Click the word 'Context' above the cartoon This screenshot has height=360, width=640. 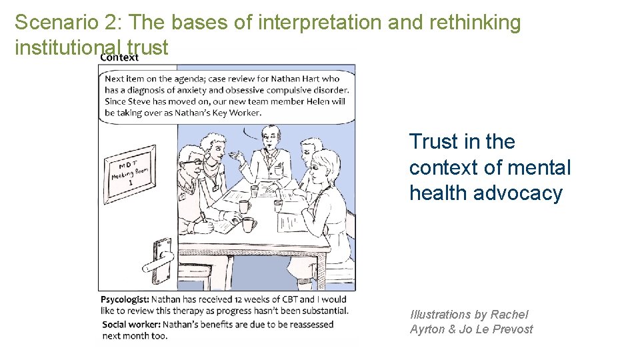[x=119, y=57]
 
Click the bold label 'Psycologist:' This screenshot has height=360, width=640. [x=125, y=299]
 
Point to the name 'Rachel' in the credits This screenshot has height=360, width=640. [x=509, y=315]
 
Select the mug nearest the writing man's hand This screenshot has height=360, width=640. [x=249, y=225]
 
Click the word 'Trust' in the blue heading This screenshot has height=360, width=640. [x=433, y=142]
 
